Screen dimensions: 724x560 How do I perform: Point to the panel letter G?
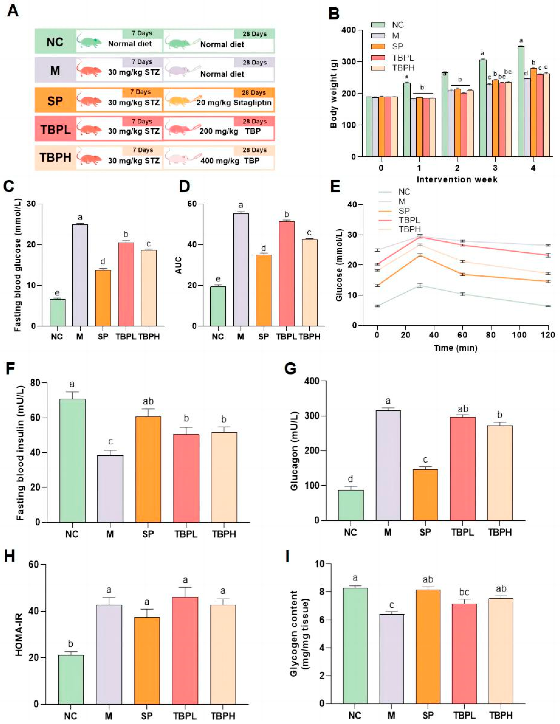(290, 369)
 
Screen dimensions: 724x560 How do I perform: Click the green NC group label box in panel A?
(55, 42)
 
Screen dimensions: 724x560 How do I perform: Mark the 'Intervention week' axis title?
(457, 179)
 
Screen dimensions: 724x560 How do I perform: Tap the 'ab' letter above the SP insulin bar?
(148, 401)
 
